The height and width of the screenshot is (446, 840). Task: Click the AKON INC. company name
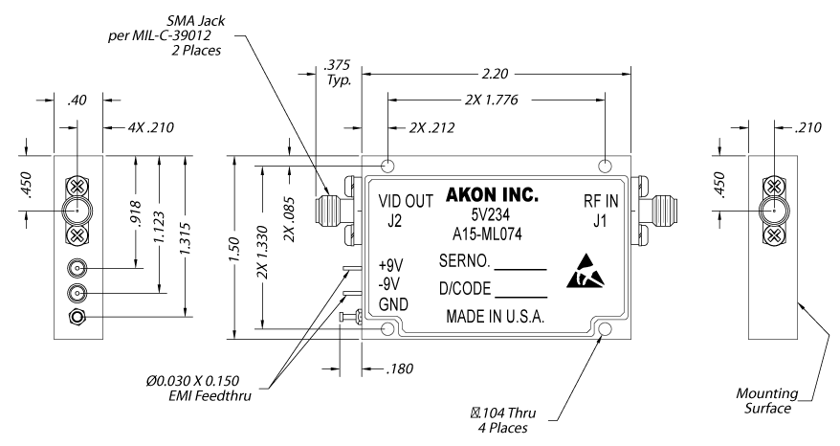click(495, 195)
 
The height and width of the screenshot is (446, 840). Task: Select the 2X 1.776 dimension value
click(495, 98)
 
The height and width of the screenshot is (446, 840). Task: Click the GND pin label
click(392, 305)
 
